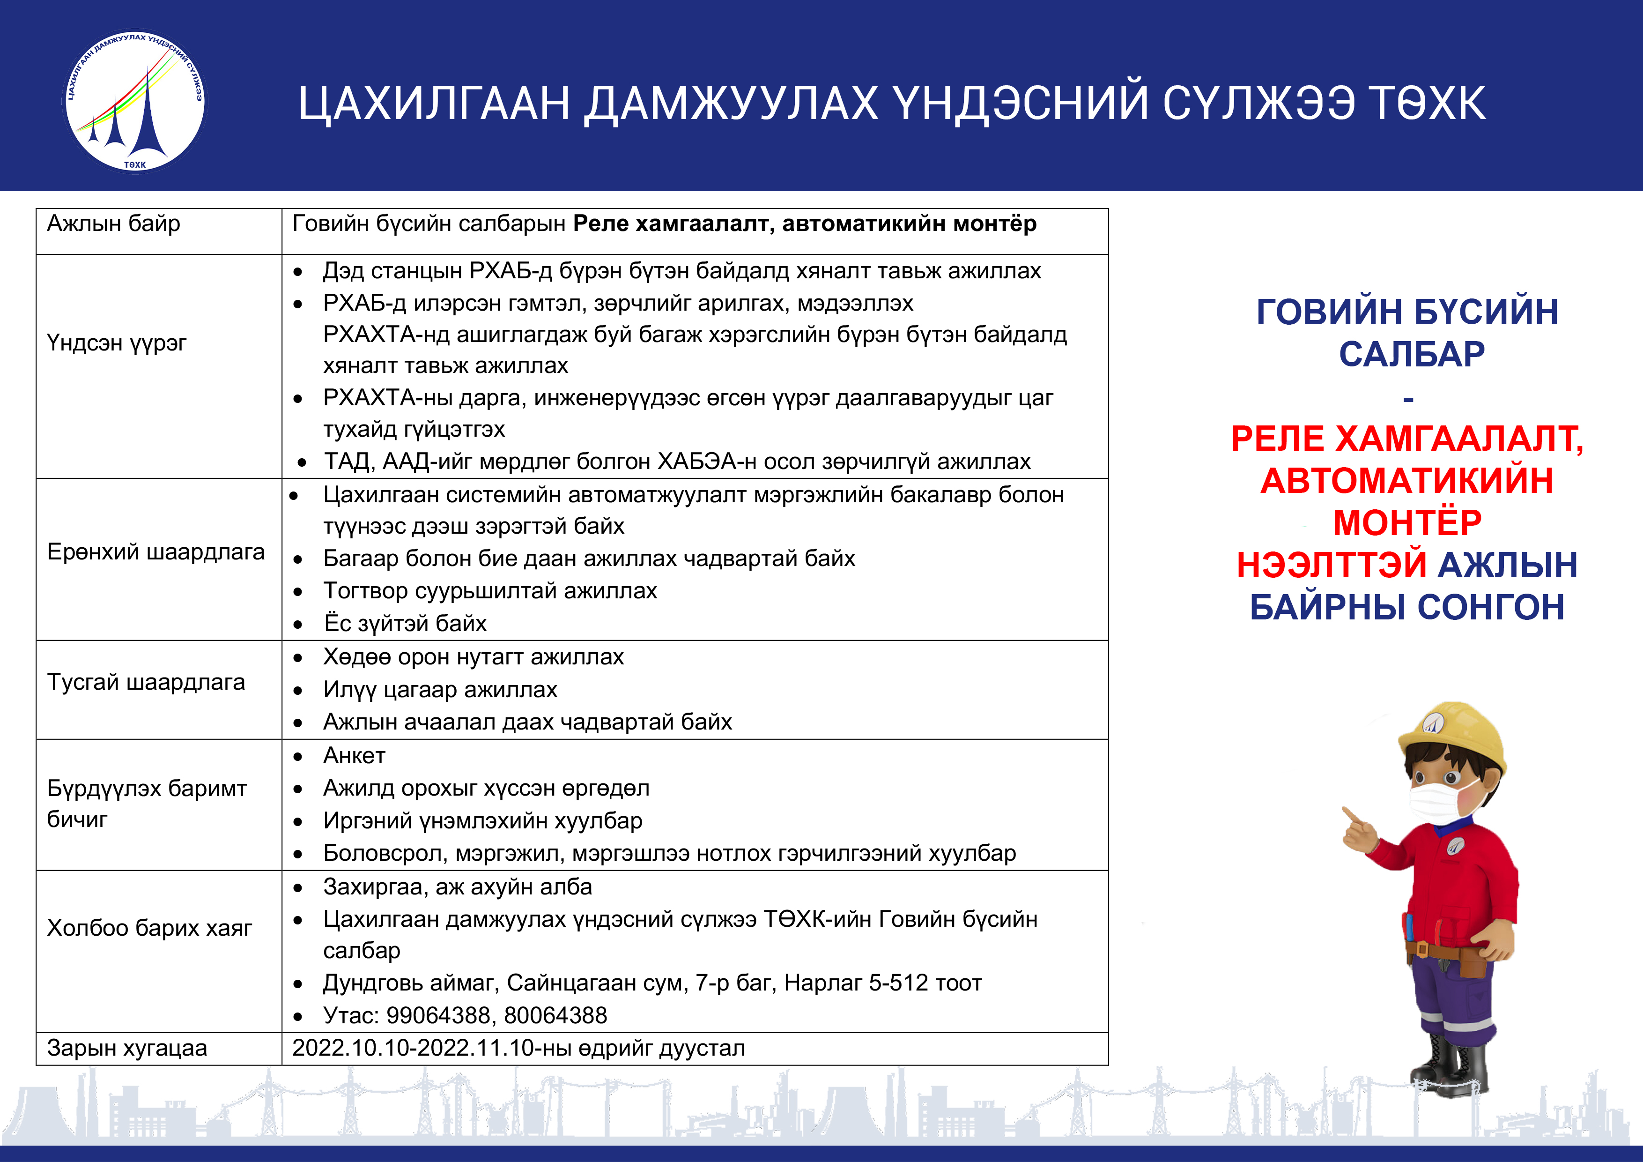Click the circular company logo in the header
[134, 100]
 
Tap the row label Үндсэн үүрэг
[117, 343]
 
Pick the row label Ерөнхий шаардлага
[155, 552]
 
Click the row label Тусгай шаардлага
[146, 682]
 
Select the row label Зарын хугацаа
[126, 1048]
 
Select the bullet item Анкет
[354, 756]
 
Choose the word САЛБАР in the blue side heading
[1412, 354]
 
